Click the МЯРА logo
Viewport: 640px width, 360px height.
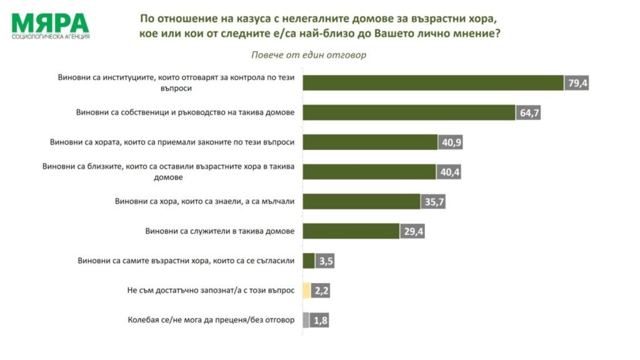pyautogui.click(x=50, y=23)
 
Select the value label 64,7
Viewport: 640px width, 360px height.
pyautogui.click(x=528, y=113)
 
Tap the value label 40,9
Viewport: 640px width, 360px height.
pyautogui.click(x=451, y=142)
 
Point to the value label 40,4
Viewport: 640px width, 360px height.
pyautogui.click(x=449, y=172)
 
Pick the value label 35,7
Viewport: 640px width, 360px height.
pyautogui.click(x=433, y=201)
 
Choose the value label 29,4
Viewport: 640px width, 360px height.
pyautogui.click(x=412, y=231)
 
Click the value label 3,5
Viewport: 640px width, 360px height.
pyautogui.click(x=326, y=261)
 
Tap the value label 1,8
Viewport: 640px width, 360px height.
pyautogui.click(x=319, y=320)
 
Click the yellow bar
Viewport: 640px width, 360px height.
pyautogui.click(x=307, y=291)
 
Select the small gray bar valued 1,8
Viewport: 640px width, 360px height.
pyautogui.click(x=306, y=320)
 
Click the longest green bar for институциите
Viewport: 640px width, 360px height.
pyautogui.click(x=433, y=83)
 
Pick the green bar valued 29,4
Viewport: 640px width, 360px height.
pyautogui.click(x=351, y=231)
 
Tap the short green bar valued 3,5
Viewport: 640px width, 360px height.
pyautogui.click(x=309, y=261)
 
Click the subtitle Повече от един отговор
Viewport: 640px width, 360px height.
pyautogui.click(x=309, y=55)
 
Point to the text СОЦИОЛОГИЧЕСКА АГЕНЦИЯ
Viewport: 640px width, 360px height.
pyautogui.click(x=51, y=37)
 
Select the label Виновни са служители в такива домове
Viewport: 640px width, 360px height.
pyautogui.click(x=219, y=231)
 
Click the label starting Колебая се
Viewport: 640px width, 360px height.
pyautogui.click(x=211, y=320)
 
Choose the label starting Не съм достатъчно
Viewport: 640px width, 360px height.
pyautogui.click(x=211, y=290)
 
